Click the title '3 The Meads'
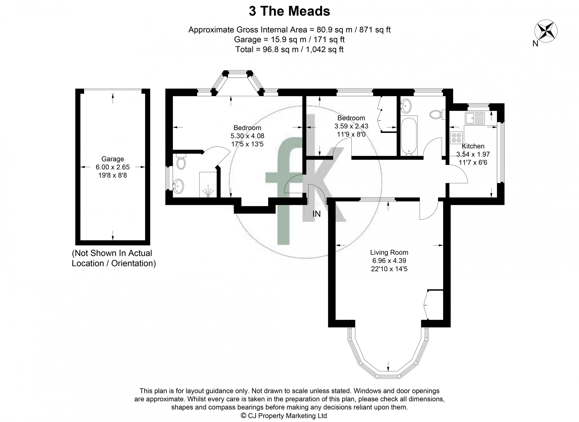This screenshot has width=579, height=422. coord(289,12)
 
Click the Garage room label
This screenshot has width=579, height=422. coord(112,159)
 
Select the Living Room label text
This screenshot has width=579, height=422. coord(389,252)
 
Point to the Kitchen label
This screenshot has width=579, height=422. coord(473,146)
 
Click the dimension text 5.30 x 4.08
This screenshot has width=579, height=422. coord(247,136)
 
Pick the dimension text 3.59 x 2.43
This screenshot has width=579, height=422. coord(351,126)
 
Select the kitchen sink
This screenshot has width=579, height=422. coord(475,118)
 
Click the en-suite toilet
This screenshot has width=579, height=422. coord(181,161)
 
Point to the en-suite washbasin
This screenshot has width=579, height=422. coord(178,186)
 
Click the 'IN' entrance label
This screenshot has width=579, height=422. coord(316,214)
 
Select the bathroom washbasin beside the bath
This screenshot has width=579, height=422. coord(406,106)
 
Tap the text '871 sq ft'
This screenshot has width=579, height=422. coord(375,30)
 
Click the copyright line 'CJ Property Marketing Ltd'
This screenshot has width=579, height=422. coord(284,416)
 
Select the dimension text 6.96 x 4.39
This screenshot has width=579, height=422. coord(389,261)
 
